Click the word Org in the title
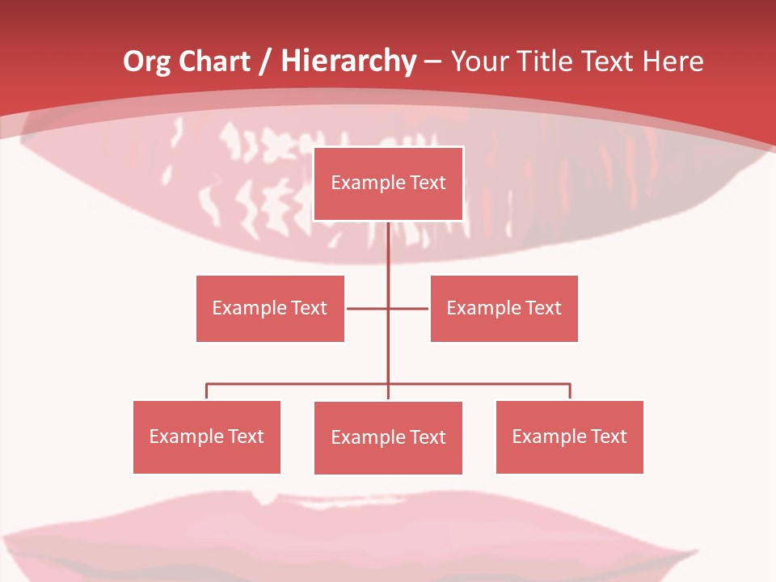(146, 61)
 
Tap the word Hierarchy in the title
(348, 61)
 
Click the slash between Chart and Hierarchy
(265, 62)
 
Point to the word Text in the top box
(428, 183)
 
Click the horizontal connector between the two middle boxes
(369, 308)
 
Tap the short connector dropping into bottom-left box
(206, 392)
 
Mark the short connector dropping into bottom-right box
(570, 392)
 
